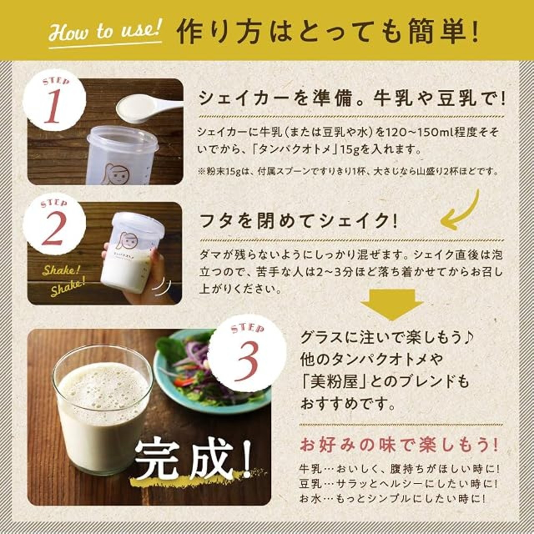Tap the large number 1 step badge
(x=55, y=104)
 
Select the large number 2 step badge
(x=54, y=226)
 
